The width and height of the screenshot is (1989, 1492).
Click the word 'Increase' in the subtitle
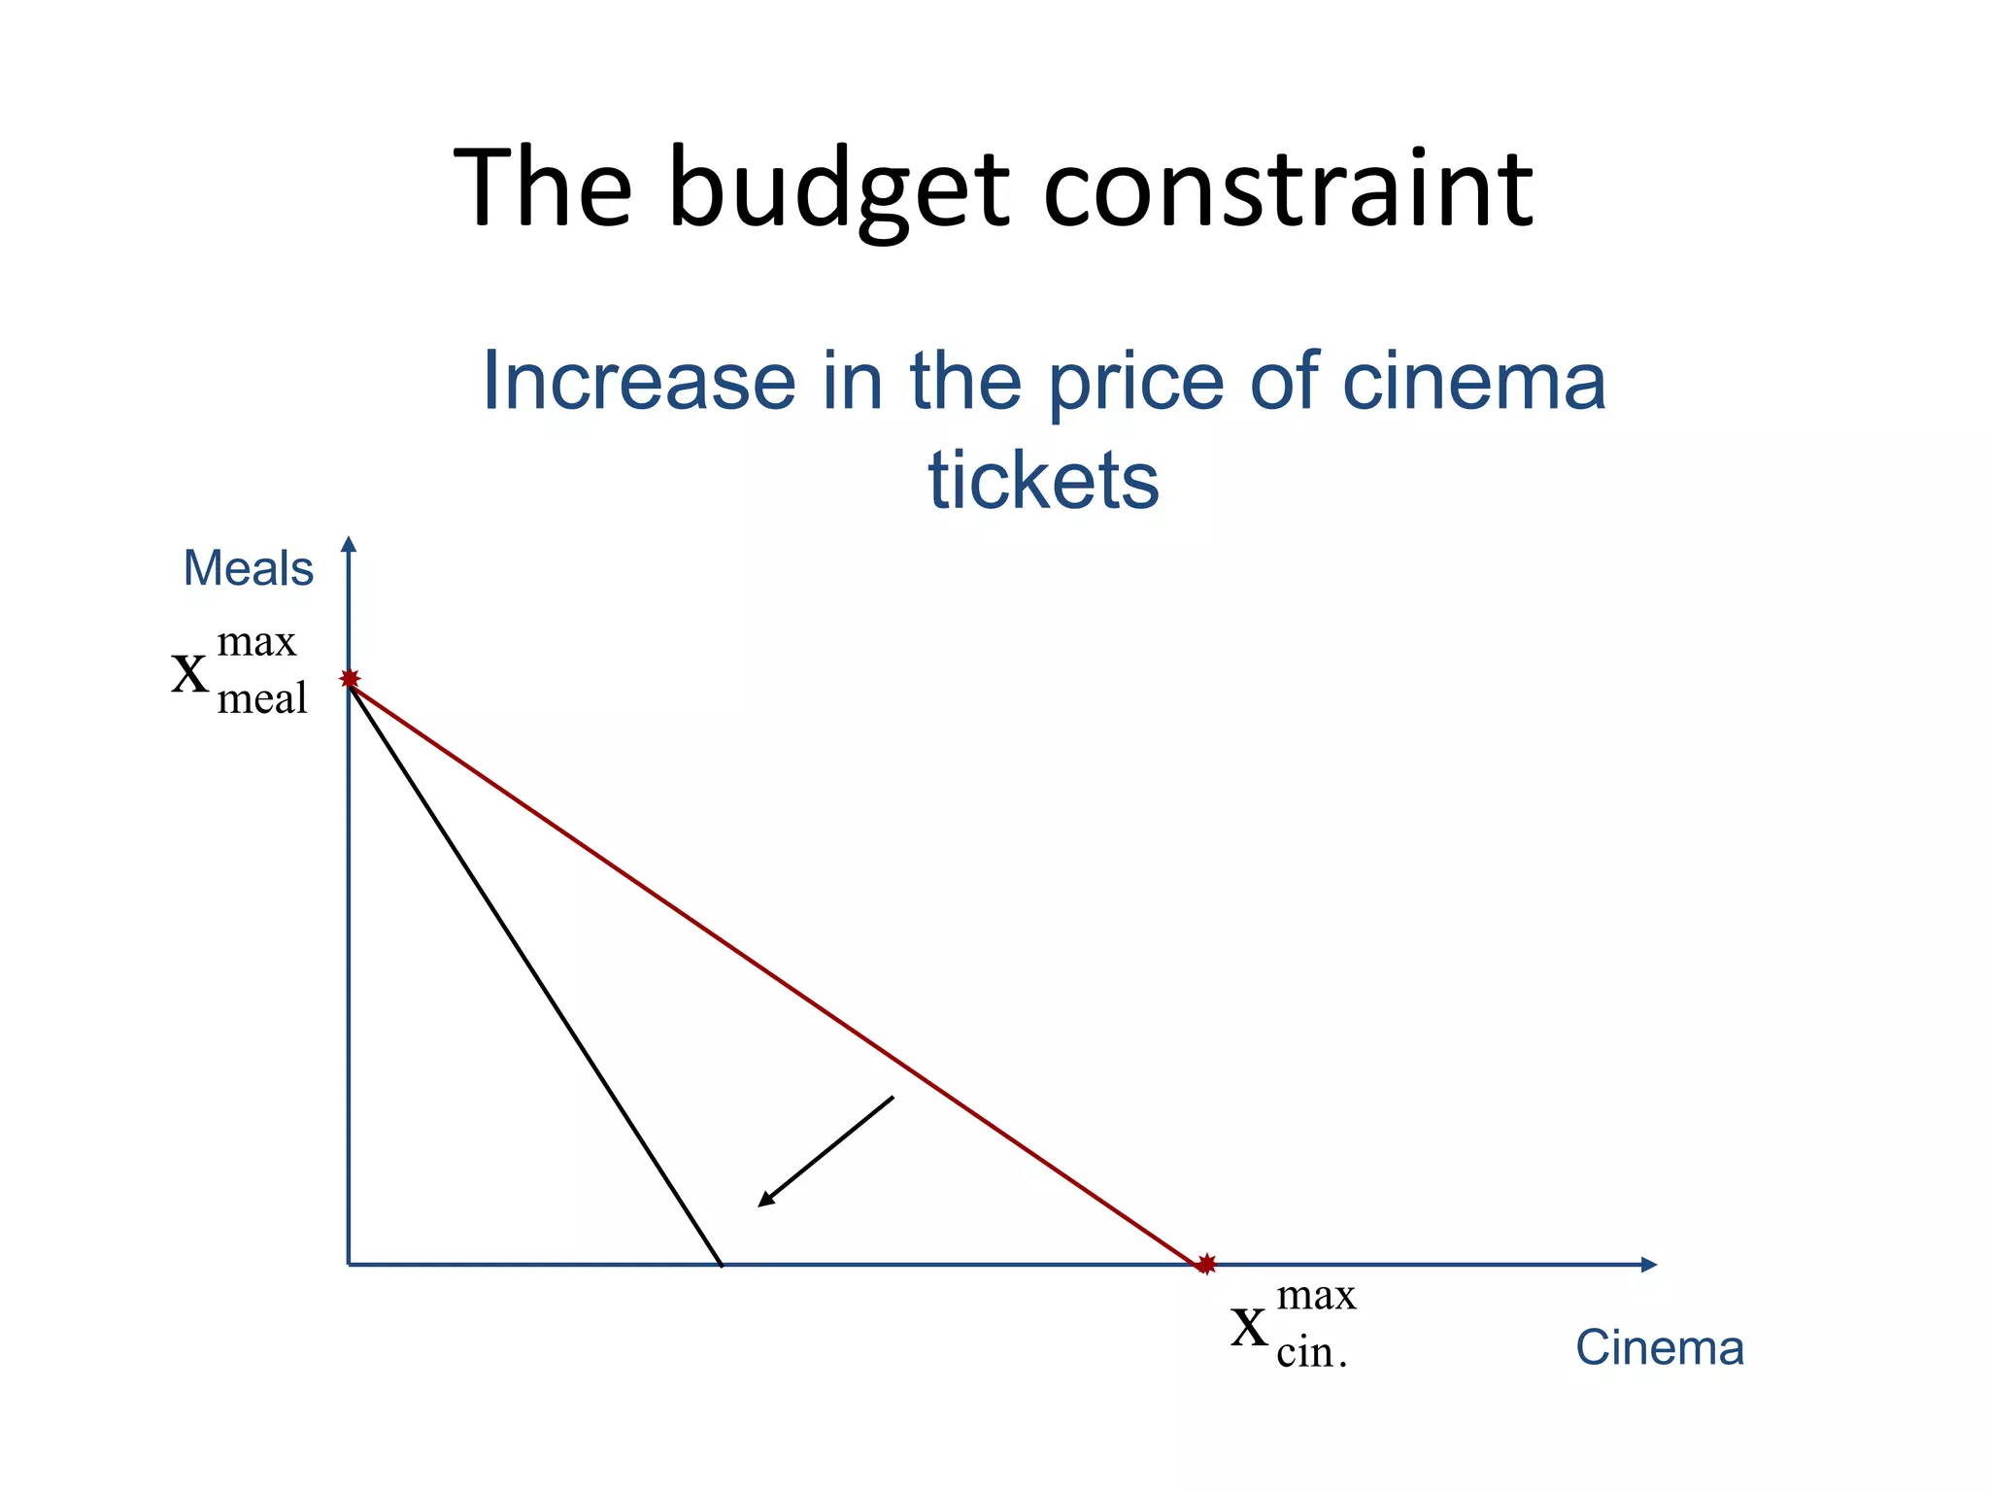click(x=638, y=381)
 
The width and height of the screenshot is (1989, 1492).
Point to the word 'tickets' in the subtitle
click(x=1043, y=480)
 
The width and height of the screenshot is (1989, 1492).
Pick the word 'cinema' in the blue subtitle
click(x=1473, y=381)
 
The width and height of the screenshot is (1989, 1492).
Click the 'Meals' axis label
click(x=249, y=568)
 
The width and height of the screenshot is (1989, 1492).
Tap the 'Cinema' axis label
click(x=1659, y=1347)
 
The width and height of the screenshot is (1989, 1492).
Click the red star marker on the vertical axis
click(x=350, y=679)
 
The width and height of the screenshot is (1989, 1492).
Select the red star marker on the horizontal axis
click(x=1205, y=1264)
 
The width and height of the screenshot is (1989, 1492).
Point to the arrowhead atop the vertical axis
click(x=350, y=544)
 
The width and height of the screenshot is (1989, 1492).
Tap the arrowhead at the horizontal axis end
click(x=1648, y=1264)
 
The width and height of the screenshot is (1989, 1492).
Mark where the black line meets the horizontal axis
click(x=722, y=1265)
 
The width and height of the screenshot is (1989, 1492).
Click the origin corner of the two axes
click(x=350, y=1264)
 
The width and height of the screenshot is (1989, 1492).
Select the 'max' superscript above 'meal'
click(x=256, y=643)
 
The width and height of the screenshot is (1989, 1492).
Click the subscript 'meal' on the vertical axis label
click(x=261, y=698)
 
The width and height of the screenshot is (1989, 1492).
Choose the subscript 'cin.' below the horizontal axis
click(x=1311, y=1353)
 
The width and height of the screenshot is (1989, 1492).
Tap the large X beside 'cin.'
click(x=1249, y=1328)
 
